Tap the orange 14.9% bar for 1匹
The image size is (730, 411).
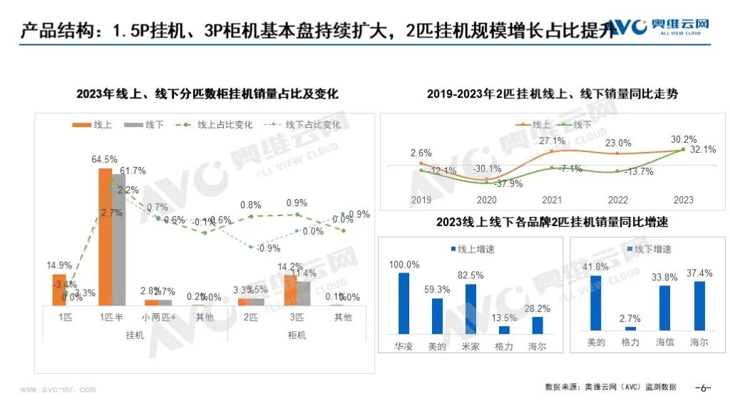[x=59, y=290]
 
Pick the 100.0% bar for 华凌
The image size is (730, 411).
[x=404, y=303]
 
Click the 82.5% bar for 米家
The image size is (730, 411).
[x=471, y=309]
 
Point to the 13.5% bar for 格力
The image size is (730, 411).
[x=504, y=330]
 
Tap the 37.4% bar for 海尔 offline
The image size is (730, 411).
[x=699, y=308]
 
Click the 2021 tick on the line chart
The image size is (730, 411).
[x=552, y=200]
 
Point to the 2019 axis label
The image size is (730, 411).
[x=421, y=200]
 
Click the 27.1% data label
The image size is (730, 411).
[x=552, y=141]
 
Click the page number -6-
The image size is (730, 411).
[x=703, y=388]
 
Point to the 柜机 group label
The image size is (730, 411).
[x=296, y=335]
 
